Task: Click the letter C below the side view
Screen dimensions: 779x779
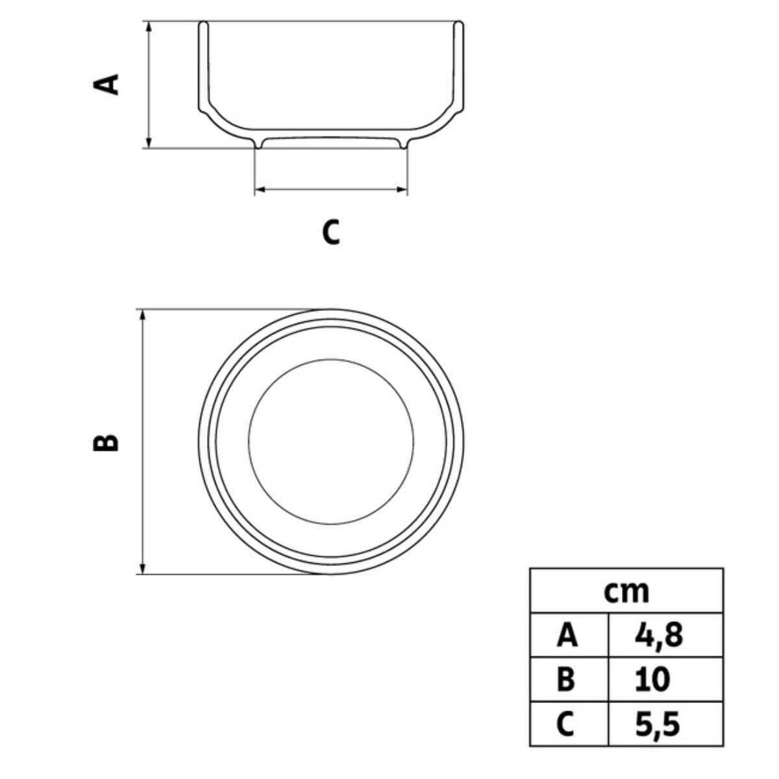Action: coord(331,232)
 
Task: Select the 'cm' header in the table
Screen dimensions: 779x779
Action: coord(626,591)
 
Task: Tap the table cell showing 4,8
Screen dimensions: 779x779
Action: coord(659,636)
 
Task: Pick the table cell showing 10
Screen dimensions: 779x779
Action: coord(652,680)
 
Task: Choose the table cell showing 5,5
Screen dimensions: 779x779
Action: coord(658,724)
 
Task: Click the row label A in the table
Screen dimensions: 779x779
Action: coord(567,636)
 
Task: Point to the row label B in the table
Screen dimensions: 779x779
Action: coord(567,680)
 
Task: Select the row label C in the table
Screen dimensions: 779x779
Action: coord(566,724)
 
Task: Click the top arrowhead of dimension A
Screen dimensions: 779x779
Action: coord(149,26)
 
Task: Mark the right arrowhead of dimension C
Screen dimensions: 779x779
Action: coord(403,190)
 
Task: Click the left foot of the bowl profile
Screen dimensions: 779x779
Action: coord(259,145)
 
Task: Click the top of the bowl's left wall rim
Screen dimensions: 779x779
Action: coord(203,25)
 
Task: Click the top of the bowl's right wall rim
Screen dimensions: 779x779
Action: coord(459,25)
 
